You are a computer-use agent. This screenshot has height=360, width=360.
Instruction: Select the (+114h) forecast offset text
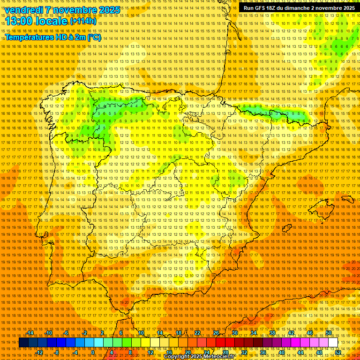(x=82, y=21)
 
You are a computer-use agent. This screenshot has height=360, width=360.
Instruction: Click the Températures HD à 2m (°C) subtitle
(x=52, y=37)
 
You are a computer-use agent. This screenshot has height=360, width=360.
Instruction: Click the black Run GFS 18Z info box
(x=299, y=8)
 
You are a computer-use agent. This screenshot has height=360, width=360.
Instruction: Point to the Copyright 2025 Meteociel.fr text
(x=206, y=357)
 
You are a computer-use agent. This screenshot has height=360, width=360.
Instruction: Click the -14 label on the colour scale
(x=30, y=333)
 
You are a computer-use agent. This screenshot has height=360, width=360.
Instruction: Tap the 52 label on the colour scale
(x=337, y=352)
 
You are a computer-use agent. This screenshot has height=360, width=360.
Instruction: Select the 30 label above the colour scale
(x=234, y=333)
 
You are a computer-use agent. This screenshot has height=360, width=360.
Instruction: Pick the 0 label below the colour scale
(x=93, y=352)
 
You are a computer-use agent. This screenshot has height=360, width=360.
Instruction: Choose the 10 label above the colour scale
(x=141, y=333)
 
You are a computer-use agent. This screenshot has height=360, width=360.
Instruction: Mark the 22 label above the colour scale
(x=197, y=333)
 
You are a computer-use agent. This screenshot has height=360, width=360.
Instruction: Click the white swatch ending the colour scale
(x=333, y=343)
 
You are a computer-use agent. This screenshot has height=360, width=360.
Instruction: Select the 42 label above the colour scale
(x=291, y=333)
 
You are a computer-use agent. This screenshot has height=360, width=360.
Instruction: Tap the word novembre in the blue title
(x=75, y=10)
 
